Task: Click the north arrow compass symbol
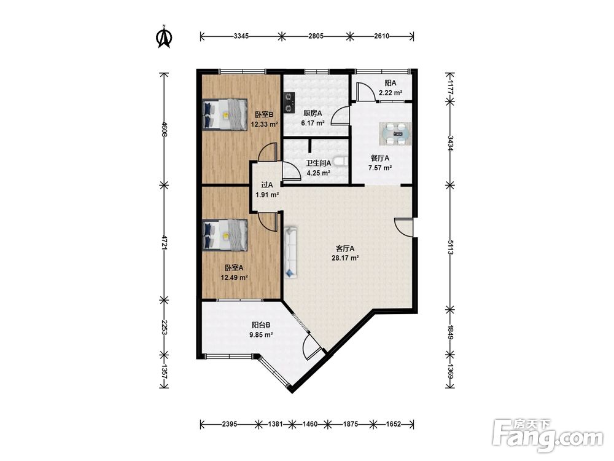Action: [164, 37]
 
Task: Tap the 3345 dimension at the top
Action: [241, 36]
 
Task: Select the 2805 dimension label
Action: [316, 36]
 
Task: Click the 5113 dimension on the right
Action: [450, 247]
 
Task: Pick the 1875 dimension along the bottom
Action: [350, 424]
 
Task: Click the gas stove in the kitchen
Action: [289, 102]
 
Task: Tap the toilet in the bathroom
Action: [342, 161]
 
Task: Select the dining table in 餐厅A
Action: [395, 133]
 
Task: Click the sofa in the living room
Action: [291, 252]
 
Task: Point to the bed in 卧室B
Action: [225, 114]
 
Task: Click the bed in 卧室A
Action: [225, 234]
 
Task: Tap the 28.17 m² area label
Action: [345, 258]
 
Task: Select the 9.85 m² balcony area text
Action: [261, 335]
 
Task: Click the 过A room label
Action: [266, 185]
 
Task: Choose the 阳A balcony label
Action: [390, 83]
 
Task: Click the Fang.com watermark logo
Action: [548, 435]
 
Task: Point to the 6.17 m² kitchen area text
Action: [313, 123]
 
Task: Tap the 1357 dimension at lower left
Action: [165, 372]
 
